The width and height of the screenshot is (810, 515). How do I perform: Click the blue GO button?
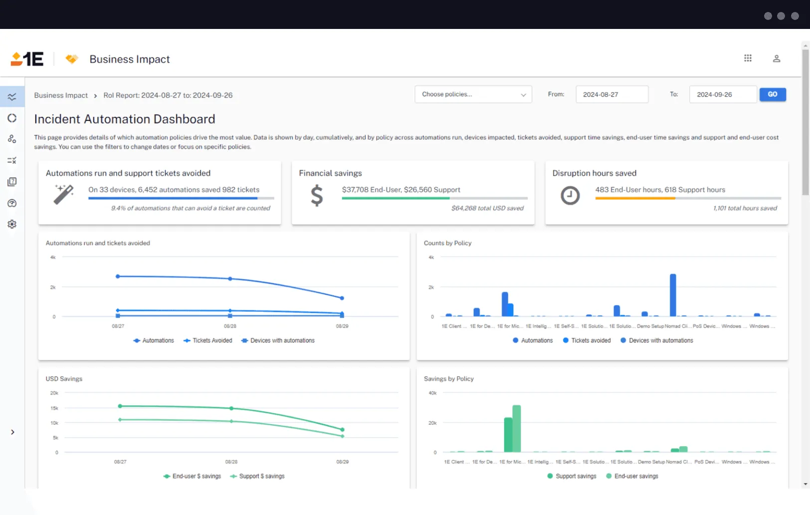[772, 94]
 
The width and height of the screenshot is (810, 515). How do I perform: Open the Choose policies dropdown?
[473, 94]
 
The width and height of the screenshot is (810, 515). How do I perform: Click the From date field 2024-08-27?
[611, 94]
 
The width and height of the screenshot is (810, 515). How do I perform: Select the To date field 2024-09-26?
[722, 94]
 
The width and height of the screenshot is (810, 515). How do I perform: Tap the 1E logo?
[27, 59]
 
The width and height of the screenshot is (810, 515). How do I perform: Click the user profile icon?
[776, 58]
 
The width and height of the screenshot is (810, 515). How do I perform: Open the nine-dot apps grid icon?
[747, 58]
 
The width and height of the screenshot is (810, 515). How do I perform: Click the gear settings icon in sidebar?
[12, 224]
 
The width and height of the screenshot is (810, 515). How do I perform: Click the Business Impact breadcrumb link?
[61, 95]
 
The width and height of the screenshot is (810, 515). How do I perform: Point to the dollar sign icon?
[317, 195]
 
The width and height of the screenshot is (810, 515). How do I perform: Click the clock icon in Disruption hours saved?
[570, 195]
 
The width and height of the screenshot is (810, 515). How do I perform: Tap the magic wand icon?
[64, 194]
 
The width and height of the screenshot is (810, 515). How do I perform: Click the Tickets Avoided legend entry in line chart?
[208, 340]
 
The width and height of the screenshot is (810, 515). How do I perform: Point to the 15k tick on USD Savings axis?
[54, 408]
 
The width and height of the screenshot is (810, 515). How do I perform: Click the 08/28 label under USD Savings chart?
[231, 462]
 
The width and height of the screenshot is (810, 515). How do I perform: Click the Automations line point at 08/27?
[118, 276]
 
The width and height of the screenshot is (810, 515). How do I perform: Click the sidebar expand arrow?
[12, 432]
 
